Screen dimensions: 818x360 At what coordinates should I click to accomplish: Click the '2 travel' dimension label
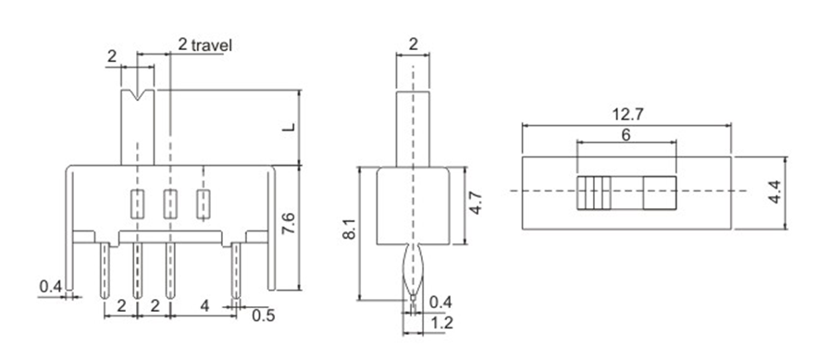204,44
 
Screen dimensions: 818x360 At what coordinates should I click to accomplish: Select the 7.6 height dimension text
289,223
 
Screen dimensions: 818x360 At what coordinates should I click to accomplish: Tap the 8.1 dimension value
349,229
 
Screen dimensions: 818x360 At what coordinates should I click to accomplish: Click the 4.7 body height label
475,205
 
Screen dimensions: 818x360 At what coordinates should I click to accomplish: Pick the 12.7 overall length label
627,115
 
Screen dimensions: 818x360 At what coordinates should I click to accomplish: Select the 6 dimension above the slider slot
626,134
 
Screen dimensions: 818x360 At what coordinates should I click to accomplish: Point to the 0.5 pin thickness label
264,316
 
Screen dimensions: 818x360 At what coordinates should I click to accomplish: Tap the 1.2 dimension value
442,324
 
